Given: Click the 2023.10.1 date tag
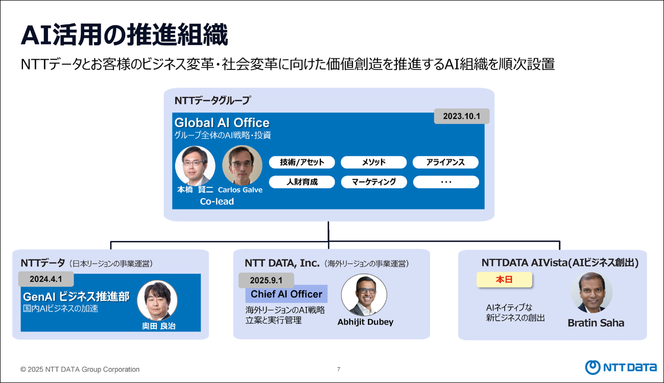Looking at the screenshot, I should pyautogui.click(x=462, y=116).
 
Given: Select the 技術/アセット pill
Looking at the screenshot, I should pyautogui.click(x=302, y=162).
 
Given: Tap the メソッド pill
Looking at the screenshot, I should pyautogui.click(x=373, y=162).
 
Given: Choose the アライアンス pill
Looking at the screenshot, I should pyautogui.click(x=445, y=162).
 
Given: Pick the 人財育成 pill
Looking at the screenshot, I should pyautogui.click(x=302, y=182).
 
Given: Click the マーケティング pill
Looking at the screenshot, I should pyautogui.click(x=373, y=182).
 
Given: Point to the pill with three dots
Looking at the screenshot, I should pyautogui.click(x=445, y=182).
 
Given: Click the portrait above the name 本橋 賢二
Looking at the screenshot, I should pyautogui.click(x=195, y=165).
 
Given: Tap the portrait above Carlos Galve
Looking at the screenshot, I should pyautogui.click(x=242, y=165).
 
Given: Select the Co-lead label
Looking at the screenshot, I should pyautogui.click(x=217, y=202).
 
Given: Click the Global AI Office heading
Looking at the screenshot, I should pyautogui.click(x=222, y=123).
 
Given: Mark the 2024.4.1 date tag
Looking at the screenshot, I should pyautogui.click(x=46, y=279).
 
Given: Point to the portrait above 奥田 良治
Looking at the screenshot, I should pyautogui.click(x=157, y=300).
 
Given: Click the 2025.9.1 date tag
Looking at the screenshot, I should pyautogui.click(x=266, y=280).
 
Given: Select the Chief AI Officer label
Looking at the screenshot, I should pyautogui.click(x=286, y=294).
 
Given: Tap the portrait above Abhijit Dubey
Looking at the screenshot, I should pyautogui.click(x=364, y=295).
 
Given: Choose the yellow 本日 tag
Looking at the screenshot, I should pyautogui.click(x=504, y=280).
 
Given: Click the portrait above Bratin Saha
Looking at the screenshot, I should pyautogui.click(x=591, y=293).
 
